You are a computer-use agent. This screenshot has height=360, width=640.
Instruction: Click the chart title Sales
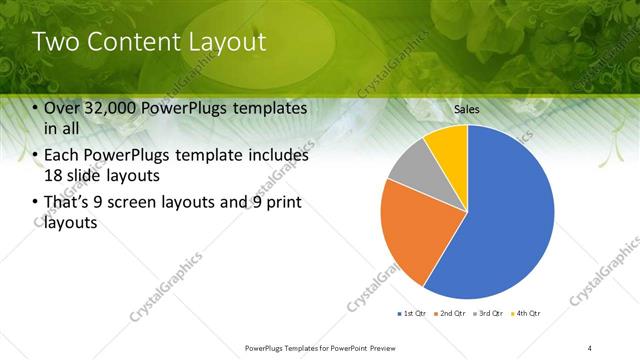point(467,107)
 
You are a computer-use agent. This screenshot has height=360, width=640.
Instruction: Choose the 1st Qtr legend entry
point(413,314)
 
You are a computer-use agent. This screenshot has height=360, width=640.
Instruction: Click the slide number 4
point(590,347)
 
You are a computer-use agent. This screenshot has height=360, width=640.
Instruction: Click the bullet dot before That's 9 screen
point(36,203)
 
